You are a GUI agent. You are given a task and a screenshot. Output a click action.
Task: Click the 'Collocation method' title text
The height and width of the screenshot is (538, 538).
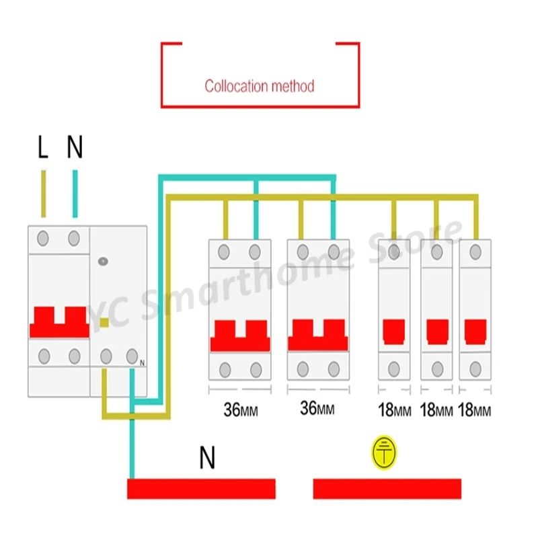click(260, 86)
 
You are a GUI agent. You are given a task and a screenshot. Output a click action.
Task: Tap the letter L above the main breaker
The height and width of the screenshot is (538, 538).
click(43, 147)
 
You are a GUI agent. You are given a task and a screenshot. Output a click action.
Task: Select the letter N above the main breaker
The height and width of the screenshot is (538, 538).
click(75, 147)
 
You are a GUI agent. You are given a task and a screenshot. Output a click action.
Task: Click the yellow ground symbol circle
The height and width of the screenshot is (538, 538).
click(384, 453)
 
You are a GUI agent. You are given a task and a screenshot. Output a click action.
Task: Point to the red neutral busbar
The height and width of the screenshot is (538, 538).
click(201, 489)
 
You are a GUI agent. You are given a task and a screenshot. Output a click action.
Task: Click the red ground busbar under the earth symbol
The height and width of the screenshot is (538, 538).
click(387, 489)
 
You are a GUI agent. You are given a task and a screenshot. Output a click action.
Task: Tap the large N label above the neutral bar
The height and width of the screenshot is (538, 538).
click(207, 457)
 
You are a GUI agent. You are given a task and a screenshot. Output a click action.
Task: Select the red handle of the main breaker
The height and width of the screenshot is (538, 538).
click(59, 322)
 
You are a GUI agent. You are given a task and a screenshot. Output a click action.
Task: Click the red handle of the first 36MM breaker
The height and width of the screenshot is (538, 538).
click(240, 336)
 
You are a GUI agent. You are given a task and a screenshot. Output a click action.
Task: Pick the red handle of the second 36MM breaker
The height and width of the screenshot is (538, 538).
click(318, 335)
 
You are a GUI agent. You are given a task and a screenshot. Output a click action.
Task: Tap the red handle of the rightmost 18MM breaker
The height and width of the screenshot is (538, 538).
click(475, 332)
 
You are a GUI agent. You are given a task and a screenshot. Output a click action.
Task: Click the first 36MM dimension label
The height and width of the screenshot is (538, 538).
click(241, 410)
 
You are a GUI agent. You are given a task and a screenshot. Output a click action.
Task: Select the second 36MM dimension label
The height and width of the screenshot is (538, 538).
click(317, 408)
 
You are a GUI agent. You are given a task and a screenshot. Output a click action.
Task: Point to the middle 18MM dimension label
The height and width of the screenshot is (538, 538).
click(436, 410)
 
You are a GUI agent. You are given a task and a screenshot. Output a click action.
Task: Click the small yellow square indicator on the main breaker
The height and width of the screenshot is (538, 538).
click(104, 323)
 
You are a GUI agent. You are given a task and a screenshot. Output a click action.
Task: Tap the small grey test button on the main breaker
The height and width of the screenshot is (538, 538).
click(103, 262)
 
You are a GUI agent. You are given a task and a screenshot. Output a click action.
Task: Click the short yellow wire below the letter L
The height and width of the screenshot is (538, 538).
click(44, 194)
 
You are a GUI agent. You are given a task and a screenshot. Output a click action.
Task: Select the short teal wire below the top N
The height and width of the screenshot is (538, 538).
click(75, 194)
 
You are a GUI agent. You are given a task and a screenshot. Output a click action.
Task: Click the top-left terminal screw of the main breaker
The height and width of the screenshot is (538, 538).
click(42, 239)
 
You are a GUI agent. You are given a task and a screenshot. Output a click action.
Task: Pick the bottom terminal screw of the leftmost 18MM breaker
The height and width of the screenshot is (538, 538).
click(394, 369)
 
